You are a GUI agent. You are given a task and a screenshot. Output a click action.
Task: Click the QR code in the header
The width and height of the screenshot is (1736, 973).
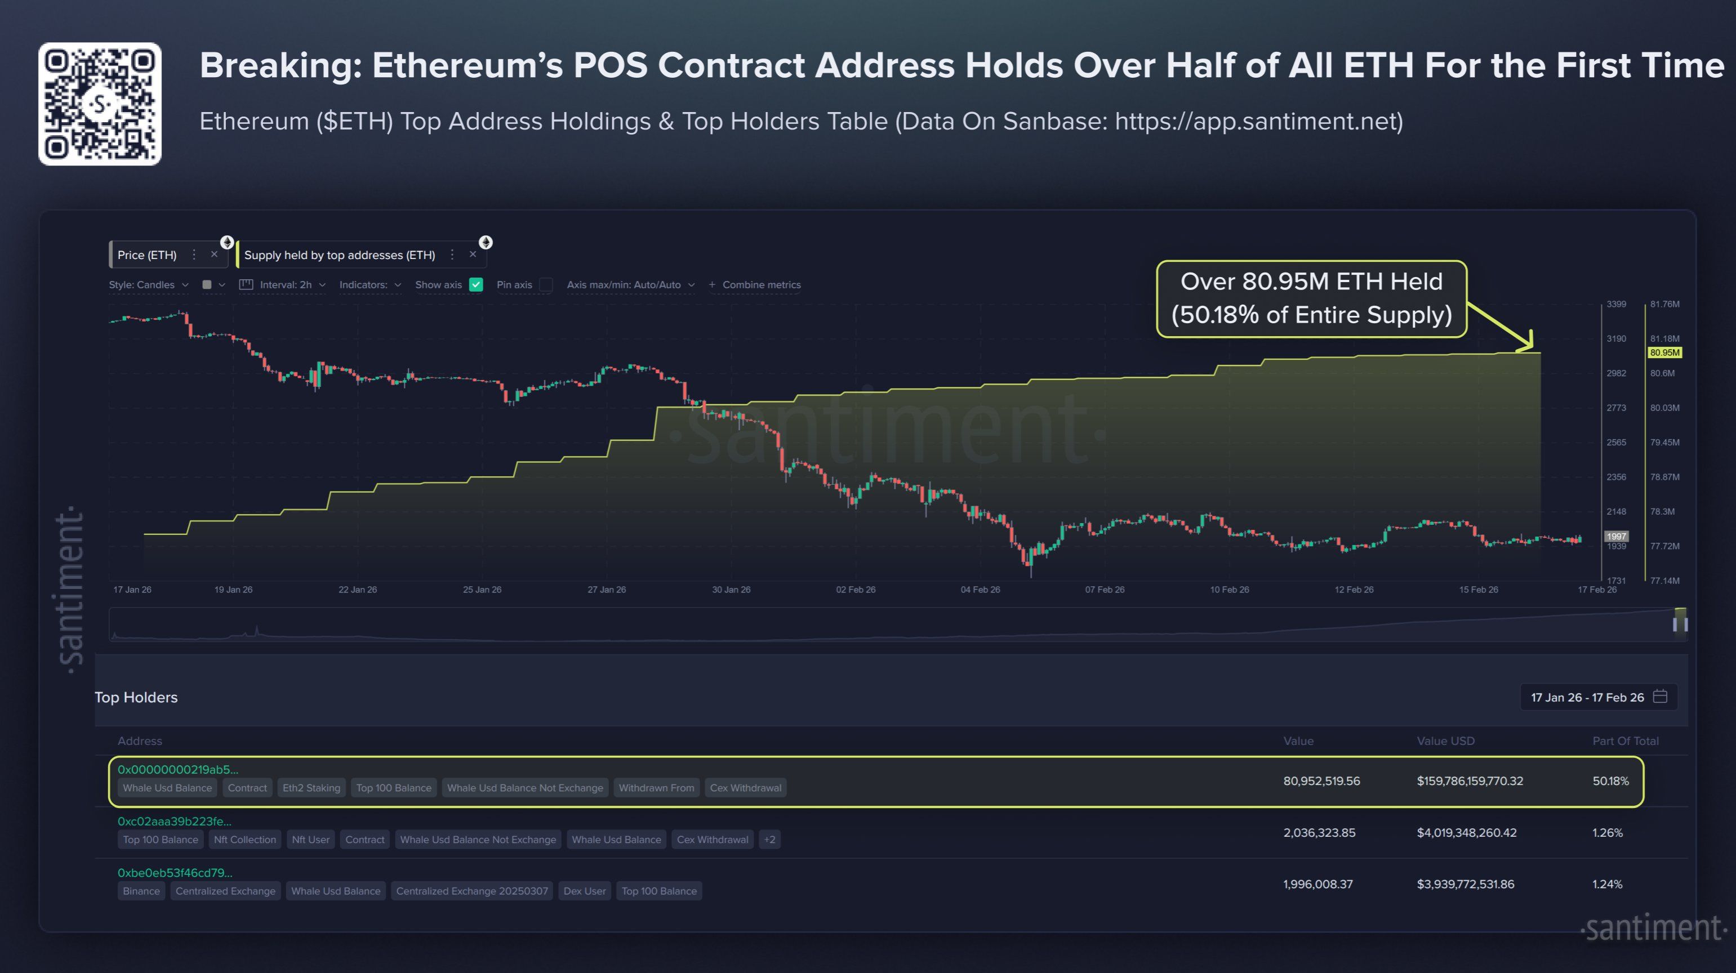point(100,104)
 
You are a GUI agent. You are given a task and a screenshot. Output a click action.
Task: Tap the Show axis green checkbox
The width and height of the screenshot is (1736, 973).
point(476,284)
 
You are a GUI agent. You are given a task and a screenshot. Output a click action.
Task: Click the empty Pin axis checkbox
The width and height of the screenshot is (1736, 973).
point(546,284)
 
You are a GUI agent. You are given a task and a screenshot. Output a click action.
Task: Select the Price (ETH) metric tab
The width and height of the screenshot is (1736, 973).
point(147,255)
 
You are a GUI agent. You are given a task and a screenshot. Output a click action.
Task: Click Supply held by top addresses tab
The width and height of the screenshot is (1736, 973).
point(339,255)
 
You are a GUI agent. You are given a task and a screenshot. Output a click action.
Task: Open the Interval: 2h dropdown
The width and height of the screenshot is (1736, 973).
point(284,284)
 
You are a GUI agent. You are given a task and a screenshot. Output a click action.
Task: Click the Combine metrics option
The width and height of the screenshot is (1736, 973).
point(760,284)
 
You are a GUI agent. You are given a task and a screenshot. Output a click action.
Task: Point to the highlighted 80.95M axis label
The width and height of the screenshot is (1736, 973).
point(1664,352)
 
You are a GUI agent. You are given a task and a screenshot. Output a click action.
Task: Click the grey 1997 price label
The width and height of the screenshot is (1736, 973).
point(1616,537)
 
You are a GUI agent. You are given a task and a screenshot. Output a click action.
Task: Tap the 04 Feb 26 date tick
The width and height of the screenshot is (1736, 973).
point(980,590)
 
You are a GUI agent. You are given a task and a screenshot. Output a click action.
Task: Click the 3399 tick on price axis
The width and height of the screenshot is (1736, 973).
point(1616,304)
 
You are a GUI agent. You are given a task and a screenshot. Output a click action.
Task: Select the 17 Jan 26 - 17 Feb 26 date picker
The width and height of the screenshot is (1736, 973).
point(1598,697)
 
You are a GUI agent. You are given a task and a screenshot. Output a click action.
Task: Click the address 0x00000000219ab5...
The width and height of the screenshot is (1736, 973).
point(178,769)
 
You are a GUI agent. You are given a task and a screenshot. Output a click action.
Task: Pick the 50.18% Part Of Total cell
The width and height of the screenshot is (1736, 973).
point(1610,781)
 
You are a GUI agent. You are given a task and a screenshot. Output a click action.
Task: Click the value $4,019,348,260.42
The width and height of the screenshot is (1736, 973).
point(1466,832)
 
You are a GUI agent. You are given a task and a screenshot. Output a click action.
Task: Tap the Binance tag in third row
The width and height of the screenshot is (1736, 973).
point(141,891)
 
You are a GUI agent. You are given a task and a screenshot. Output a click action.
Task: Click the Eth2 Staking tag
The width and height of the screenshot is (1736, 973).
point(311,788)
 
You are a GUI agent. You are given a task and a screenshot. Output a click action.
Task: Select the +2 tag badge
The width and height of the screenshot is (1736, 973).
point(769,840)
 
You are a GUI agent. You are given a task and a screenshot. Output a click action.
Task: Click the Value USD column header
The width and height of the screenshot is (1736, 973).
point(1445,740)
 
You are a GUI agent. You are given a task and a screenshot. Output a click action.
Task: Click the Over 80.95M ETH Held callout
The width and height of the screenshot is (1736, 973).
point(1311,298)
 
